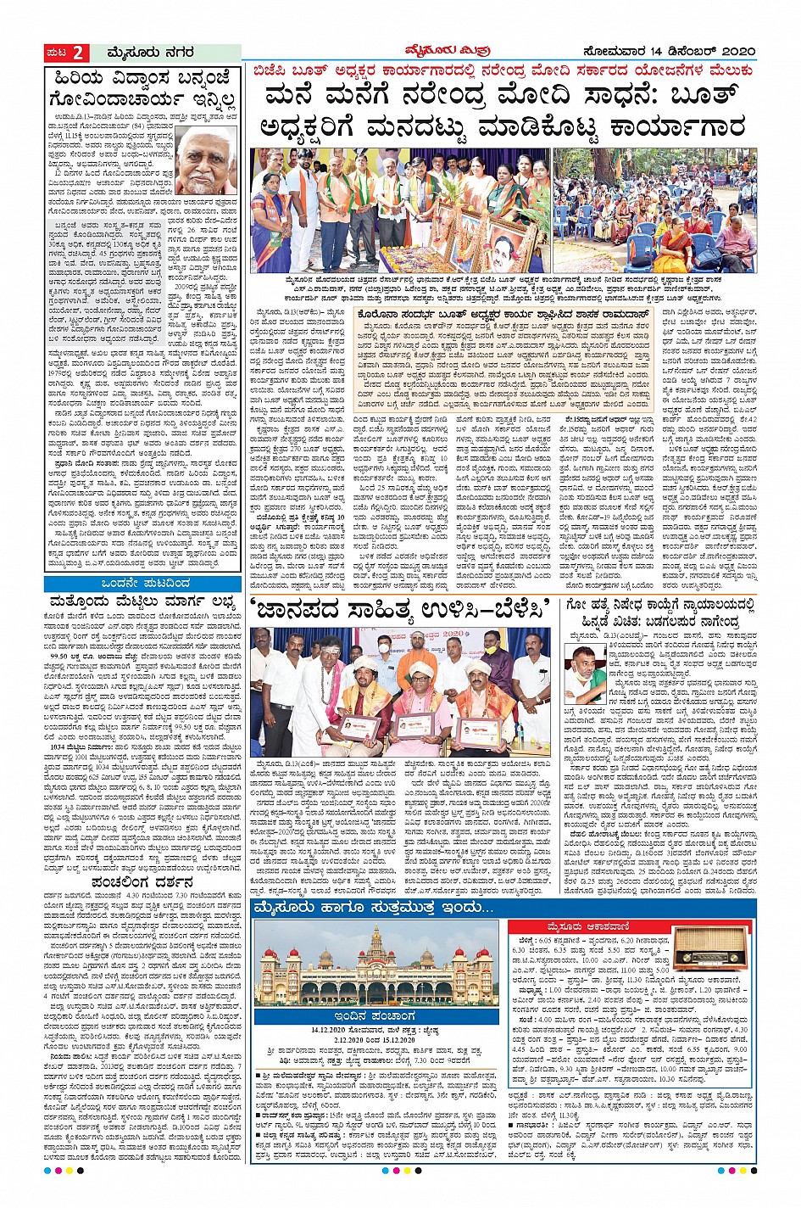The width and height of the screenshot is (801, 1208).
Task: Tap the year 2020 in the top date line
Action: pos(735,52)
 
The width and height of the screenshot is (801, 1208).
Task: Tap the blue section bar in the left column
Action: pos(142,584)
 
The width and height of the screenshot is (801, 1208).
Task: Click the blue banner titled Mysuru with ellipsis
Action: pos(375,909)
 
